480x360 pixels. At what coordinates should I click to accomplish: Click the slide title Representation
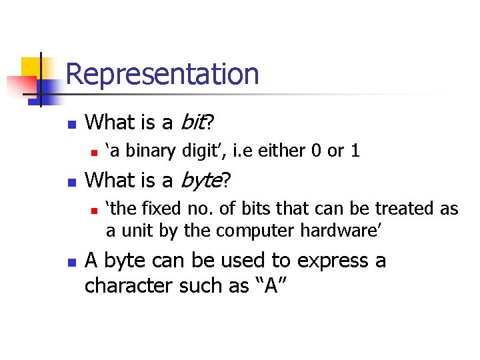pyautogui.click(x=162, y=74)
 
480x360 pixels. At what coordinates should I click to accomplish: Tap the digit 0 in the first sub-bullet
pyautogui.click(x=316, y=151)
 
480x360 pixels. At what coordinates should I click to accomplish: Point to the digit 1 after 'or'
pyautogui.click(x=355, y=151)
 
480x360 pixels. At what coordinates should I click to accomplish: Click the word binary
pyautogui.click(x=153, y=151)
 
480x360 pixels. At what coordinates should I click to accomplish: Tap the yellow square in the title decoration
pyautogui.click(x=32, y=67)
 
